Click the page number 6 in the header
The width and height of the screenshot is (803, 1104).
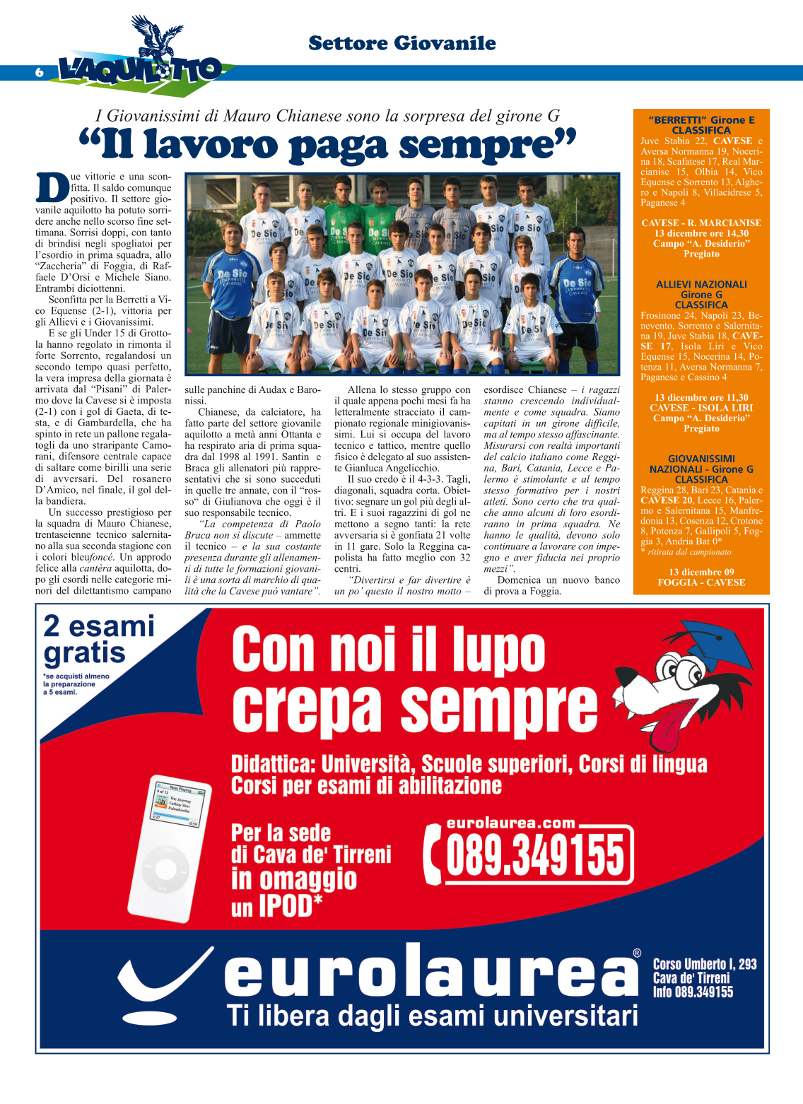click(x=40, y=73)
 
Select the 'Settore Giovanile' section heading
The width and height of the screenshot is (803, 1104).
click(x=401, y=43)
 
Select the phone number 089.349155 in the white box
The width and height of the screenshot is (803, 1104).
click(x=536, y=855)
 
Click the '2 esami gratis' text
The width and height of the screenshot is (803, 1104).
click(x=99, y=639)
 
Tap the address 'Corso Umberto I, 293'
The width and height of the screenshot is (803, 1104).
click(x=705, y=964)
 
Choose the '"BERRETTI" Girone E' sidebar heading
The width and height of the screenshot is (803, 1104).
click(x=701, y=120)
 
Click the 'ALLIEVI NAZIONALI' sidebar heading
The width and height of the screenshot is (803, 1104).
click(x=701, y=284)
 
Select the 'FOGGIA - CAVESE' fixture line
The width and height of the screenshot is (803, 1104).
click(x=701, y=582)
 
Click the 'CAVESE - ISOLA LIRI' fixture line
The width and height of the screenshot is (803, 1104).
click(x=701, y=408)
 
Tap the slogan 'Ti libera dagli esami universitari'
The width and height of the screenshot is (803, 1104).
click(x=433, y=1016)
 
